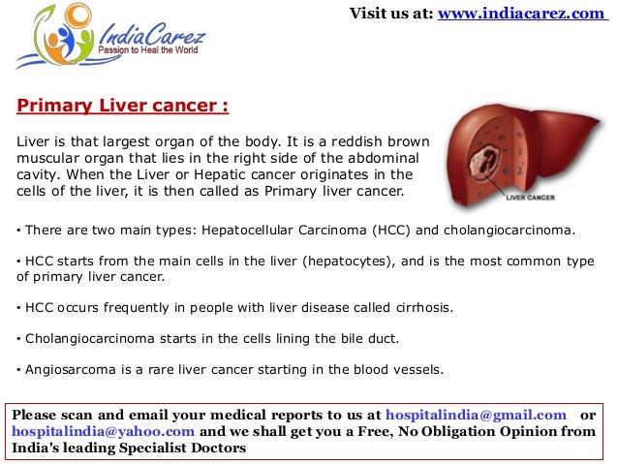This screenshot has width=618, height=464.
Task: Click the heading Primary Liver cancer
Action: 123,105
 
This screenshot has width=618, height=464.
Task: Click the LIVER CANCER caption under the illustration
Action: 530,201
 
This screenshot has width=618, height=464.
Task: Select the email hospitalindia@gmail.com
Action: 476,415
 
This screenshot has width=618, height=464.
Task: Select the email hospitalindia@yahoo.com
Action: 104,432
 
